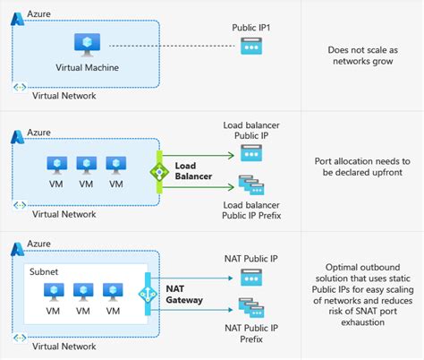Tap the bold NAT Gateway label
click(x=183, y=293)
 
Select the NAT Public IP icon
click(x=251, y=279)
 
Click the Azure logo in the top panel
click(x=17, y=16)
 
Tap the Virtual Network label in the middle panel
click(x=64, y=214)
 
